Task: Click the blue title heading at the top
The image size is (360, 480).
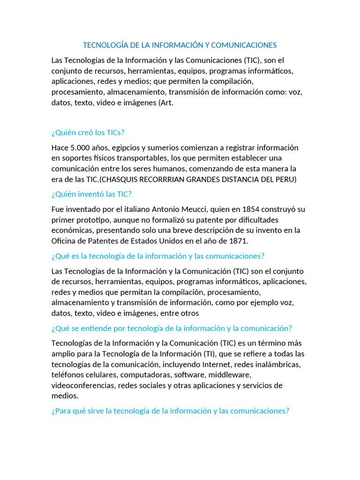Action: [x=180, y=45]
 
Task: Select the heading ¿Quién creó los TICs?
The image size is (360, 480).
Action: [x=88, y=132]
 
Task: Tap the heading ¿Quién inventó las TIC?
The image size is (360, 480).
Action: [x=91, y=194]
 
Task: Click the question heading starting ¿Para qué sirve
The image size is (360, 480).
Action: [x=170, y=411]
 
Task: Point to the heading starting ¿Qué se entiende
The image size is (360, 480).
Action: [x=172, y=328]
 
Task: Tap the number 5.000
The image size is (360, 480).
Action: [x=82, y=148]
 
